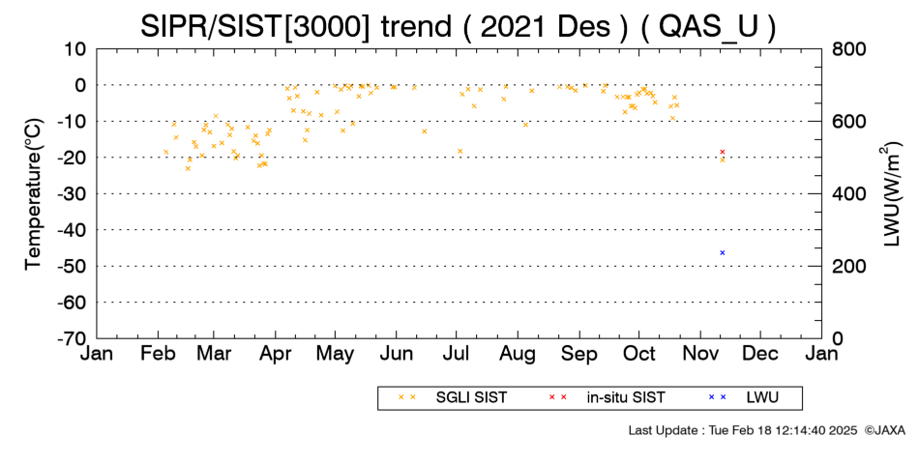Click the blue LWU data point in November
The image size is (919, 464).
point(722,252)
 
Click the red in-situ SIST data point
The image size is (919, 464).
point(722,152)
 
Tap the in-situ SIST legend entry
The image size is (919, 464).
point(607,397)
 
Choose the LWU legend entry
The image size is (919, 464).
point(743,397)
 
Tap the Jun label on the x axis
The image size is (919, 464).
point(397,354)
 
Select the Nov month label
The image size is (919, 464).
point(699,354)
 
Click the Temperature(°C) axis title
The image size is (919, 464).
point(34,194)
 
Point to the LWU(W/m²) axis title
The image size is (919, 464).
point(890,194)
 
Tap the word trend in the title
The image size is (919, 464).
point(416,27)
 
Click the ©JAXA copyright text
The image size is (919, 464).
point(884,430)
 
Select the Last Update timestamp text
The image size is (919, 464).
point(743,430)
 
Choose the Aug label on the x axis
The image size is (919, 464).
point(519,354)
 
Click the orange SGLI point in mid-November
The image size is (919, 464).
point(722,159)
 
